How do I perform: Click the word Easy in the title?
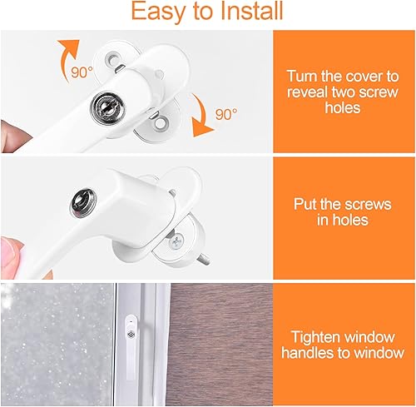158,12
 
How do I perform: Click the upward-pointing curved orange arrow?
67,58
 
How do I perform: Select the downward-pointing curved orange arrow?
201,115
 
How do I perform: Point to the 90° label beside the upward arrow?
82,72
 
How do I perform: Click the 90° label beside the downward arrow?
226,114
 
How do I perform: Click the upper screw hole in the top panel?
111,58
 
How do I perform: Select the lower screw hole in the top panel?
160,123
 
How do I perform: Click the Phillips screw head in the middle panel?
176,241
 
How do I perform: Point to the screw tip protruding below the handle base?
205,259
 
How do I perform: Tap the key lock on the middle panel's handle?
82,202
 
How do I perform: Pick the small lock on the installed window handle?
131,335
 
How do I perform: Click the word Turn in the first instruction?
302,76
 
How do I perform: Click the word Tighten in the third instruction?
315,338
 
